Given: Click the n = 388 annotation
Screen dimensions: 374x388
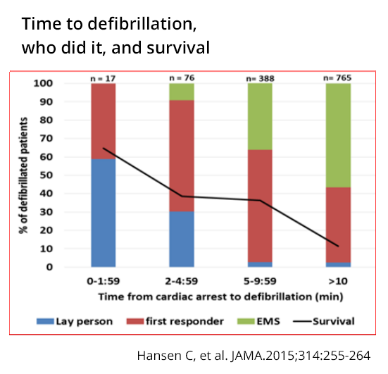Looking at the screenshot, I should click(x=261, y=78).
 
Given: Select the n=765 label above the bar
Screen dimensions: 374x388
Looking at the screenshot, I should click(x=339, y=78).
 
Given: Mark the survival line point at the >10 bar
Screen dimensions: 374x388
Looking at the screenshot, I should click(x=339, y=246).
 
